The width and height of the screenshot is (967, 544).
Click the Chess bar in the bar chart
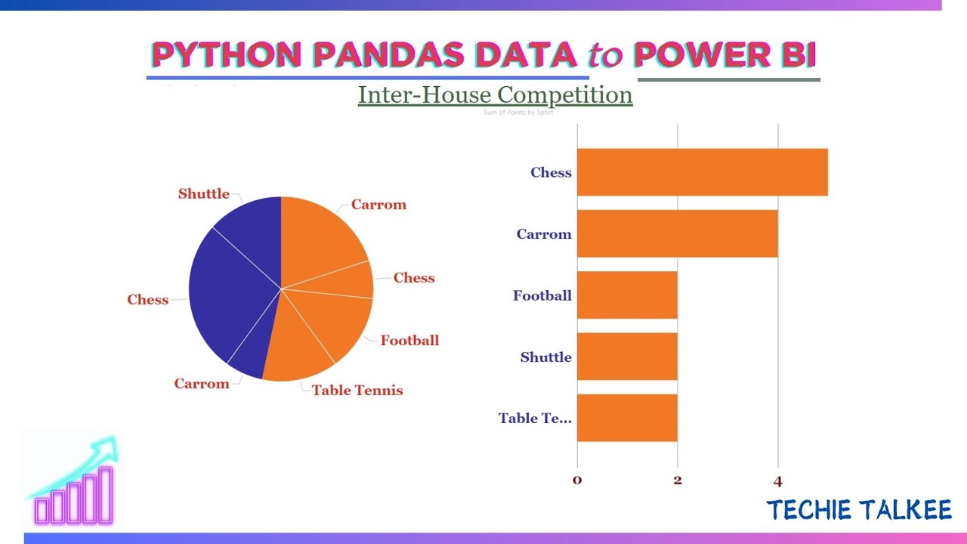[x=702, y=172]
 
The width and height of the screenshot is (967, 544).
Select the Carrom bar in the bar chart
[x=677, y=234]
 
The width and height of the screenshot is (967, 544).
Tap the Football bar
[x=627, y=295]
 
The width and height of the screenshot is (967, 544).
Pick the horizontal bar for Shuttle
[x=627, y=357]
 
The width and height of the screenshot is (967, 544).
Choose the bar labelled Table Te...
[x=627, y=418]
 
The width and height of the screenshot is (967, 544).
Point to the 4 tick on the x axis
[x=777, y=481]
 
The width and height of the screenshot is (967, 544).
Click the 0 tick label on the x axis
[x=577, y=481]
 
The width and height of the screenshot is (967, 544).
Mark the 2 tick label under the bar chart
[x=678, y=481]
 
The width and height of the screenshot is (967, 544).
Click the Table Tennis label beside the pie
[x=357, y=391]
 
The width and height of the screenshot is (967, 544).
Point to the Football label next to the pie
[x=409, y=341]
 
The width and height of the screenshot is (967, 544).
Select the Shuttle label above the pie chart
[x=203, y=194]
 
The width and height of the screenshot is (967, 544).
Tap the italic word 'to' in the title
[x=604, y=56]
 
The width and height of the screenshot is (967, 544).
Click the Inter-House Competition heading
[x=495, y=95]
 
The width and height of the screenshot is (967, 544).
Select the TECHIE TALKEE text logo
[x=859, y=510]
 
